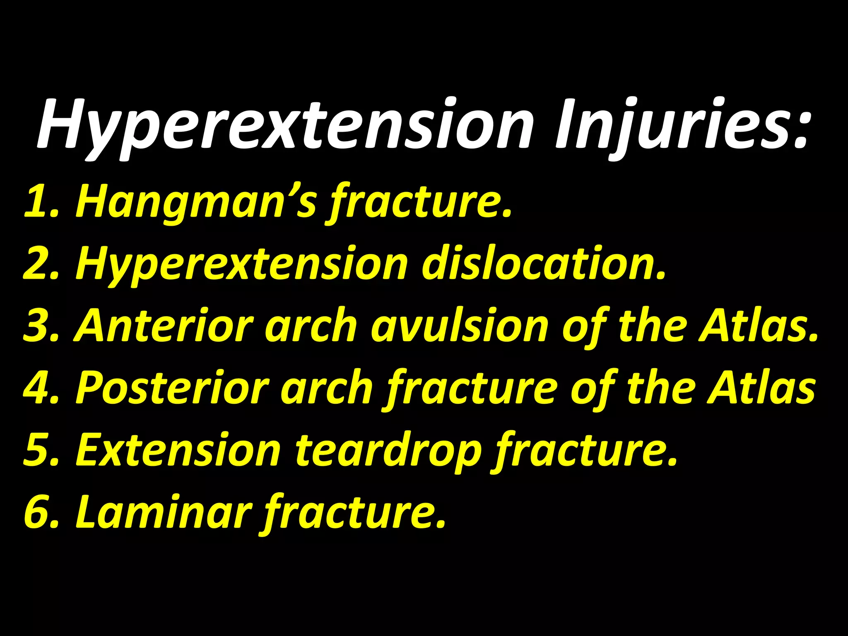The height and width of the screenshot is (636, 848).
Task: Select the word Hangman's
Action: tap(195, 202)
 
